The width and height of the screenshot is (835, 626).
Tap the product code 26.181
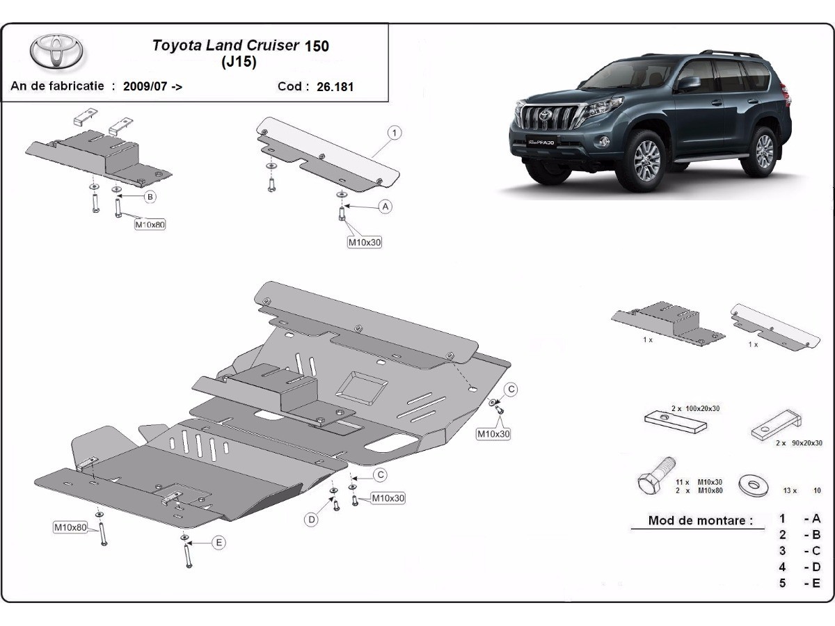[335, 87]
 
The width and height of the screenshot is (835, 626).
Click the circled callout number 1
[394, 132]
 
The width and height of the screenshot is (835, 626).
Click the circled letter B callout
[149, 197]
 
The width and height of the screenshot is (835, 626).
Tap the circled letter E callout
[218, 543]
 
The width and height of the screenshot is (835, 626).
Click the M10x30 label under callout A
[365, 242]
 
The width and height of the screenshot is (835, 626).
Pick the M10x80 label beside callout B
[150, 224]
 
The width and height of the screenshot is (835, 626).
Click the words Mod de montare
[701, 520]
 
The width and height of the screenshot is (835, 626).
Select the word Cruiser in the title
[271, 45]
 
